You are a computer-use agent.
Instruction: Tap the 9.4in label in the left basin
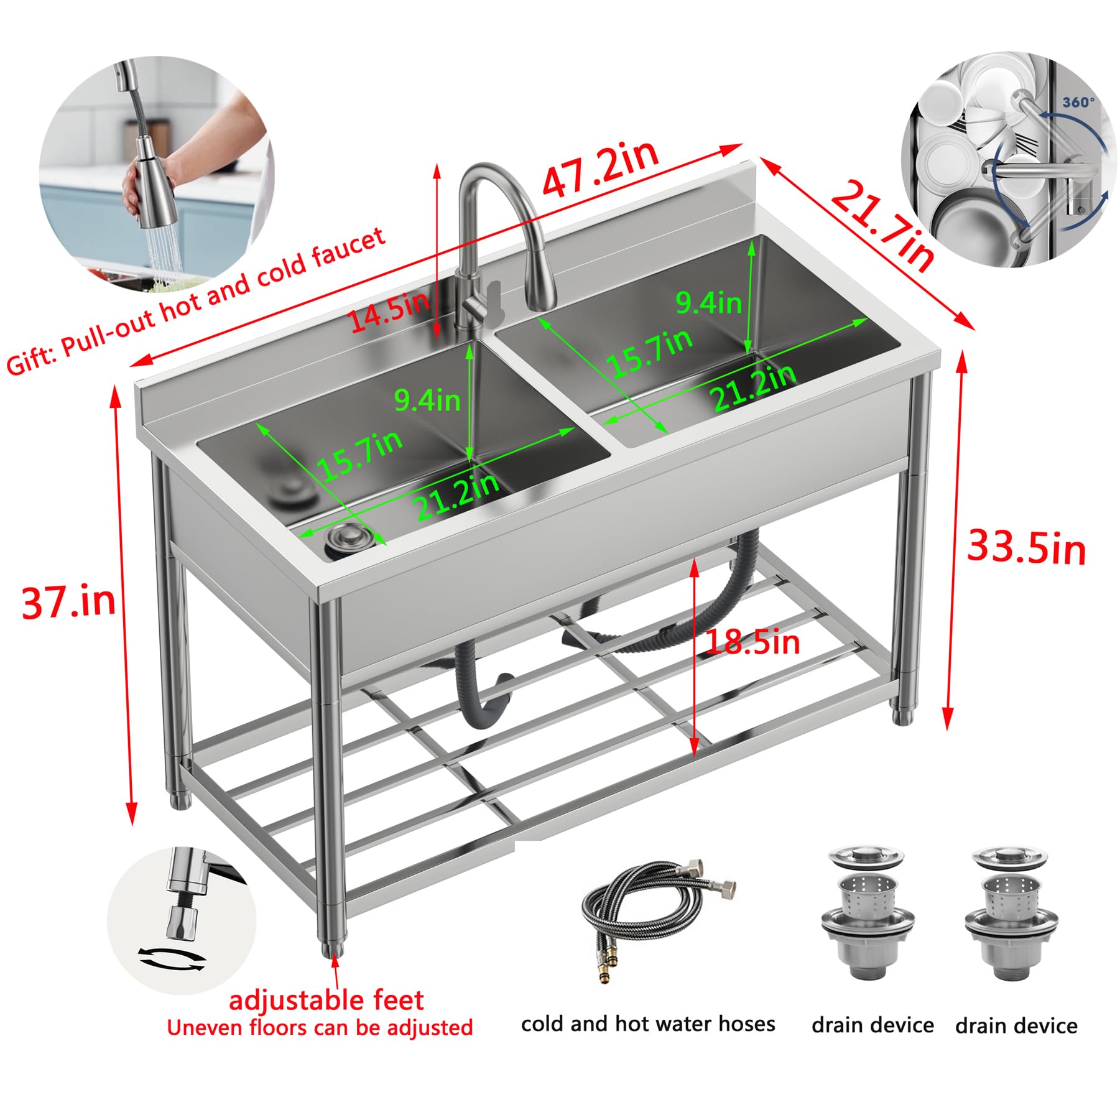coord(427,400)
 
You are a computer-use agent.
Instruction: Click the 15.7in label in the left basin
coord(359,456)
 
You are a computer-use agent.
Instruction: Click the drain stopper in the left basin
coord(349,538)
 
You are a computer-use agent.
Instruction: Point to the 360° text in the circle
coord(1078,102)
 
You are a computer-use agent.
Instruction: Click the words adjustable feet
coord(326,1001)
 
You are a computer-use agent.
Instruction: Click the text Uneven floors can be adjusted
coord(320,1028)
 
